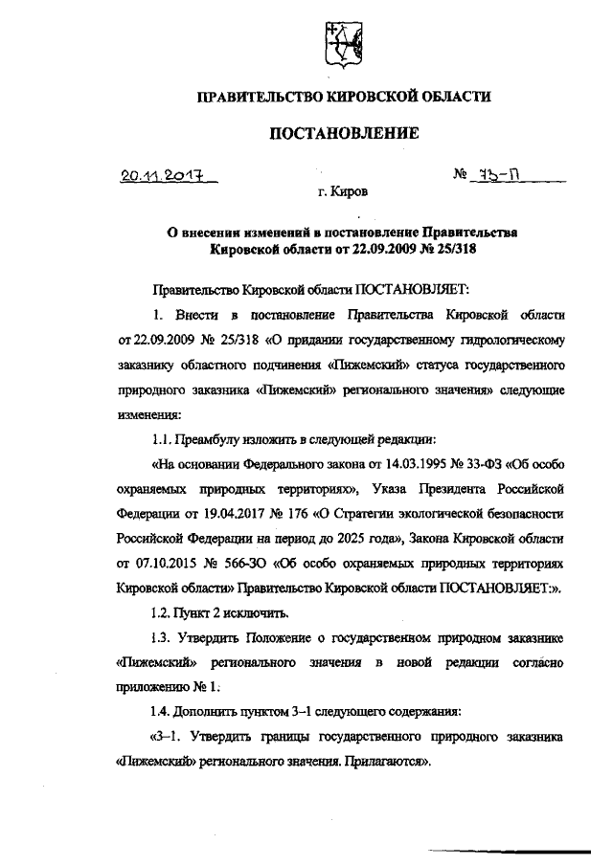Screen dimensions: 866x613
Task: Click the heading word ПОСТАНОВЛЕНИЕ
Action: [x=343, y=133]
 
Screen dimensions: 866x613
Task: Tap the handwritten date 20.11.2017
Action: [x=162, y=175]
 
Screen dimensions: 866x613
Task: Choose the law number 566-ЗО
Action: [x=252, y=563]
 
